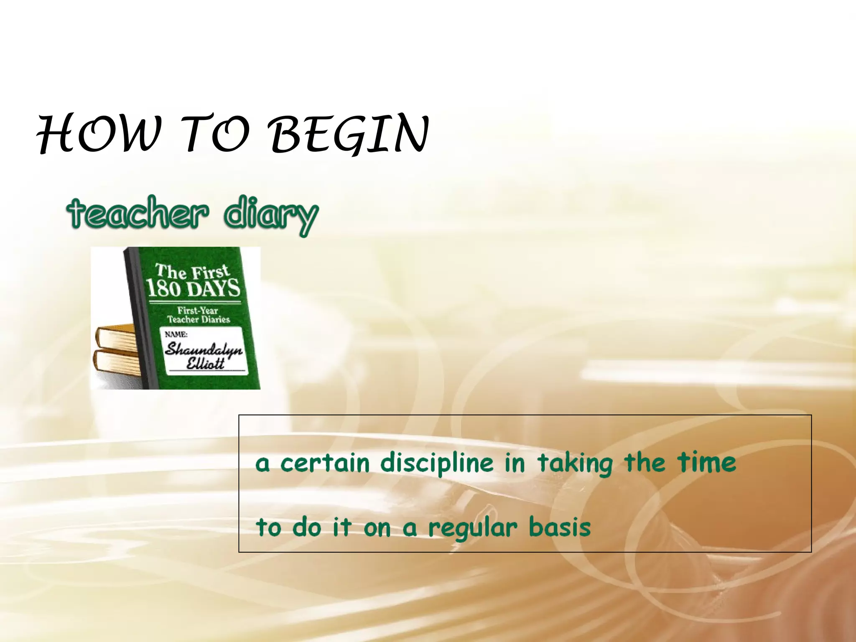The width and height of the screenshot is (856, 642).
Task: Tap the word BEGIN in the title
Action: (350, 134)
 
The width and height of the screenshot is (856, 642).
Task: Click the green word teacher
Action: (138, 213)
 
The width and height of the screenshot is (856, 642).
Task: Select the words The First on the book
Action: (192, 272)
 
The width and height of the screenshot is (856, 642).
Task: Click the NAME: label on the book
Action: (176, 334)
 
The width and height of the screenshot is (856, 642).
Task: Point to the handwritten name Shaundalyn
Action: (204, 349)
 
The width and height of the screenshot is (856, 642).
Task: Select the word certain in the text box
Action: (325, 463)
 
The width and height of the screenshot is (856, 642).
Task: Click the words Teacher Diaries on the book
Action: (199, 320)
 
